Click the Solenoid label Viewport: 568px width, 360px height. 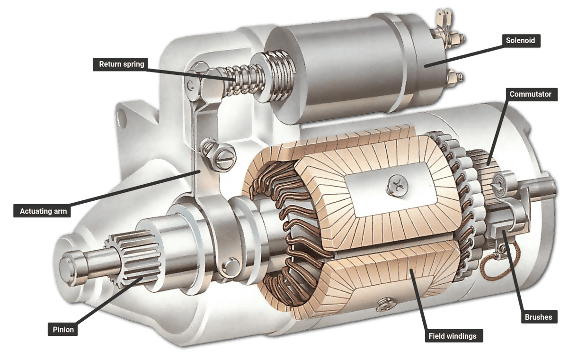tap(521, 41)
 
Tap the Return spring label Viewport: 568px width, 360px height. tap(121, 64)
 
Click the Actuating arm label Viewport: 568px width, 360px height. tap(42, 211)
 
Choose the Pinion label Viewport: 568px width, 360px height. tap(63, 330)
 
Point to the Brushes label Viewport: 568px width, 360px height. tap(539, 317)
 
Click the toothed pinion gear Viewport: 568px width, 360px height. tap(133, 258)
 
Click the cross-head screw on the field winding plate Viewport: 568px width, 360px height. tap(397, 187)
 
